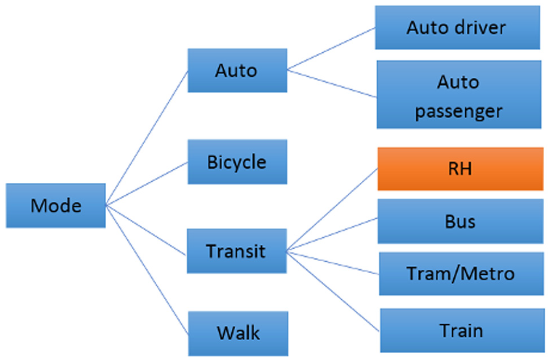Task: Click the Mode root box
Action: pyautogui.click(x=56, y=206)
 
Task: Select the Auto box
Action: pyautogui.click(x=237, y=70)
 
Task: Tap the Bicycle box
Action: pyautogui.click(x=237, y=162)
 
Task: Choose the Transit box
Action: pyautogui.click(x=237, y=251)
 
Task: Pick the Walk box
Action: pyautogui.click(x=238, y=333)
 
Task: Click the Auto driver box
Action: pyautogui.click(x=457, y=27)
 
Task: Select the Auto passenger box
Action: pyautogui.click(x=459, y=94)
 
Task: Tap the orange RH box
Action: pyautogui.click(x=461, y=169)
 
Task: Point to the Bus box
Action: pyautogui.click(x=461, y=221)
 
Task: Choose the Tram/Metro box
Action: pyautogui.click(x=461, y=274)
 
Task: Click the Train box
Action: pyautogui.click(x=462, y=330)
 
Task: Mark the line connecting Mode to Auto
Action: pyautogui.click(x=147, y=138)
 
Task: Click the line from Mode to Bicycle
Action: pyautogui.click(x=147, y=183)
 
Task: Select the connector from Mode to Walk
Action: pyautogui.click(x=147, y=270)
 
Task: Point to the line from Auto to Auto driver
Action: pyautogui.click(x=331, y=48)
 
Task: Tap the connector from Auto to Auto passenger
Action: pyautogui.click(x=332, y=83)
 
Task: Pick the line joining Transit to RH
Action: pyautogui.click(x=332, y=210)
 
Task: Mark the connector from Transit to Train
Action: pyautogui.click(x=333, y=291)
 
